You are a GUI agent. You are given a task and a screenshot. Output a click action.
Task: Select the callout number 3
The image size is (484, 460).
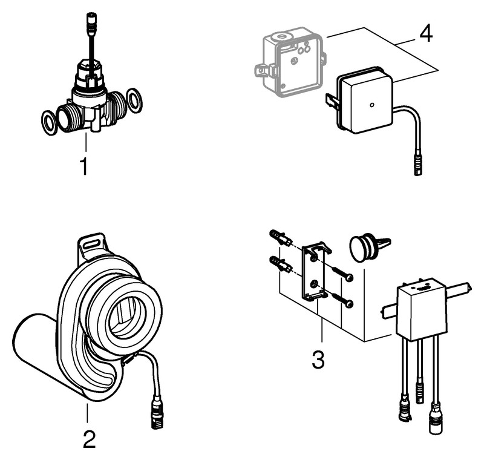click(x=318, y=359)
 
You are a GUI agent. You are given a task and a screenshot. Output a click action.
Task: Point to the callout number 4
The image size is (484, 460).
click(x=426, y=33)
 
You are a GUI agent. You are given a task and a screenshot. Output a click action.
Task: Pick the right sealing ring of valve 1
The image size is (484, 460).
click(x=136, y=100)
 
